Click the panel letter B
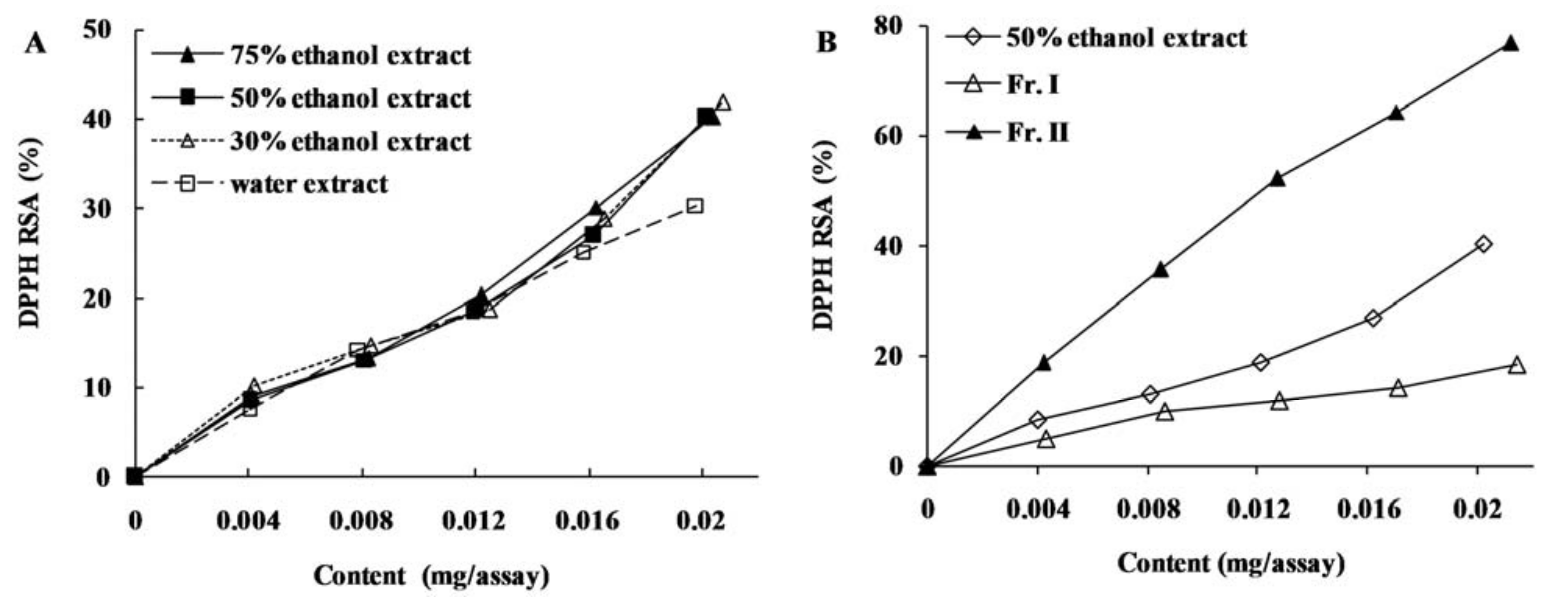(x=826, y=42)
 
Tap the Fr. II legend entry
(x=1038, y=132)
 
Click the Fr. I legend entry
(x=1033, y=85)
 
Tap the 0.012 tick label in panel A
(x=474, y=520)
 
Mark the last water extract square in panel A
(x=695, y=206)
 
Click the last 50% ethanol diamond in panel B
(x=1483, y=244)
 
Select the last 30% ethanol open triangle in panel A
(x=723, y=103)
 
